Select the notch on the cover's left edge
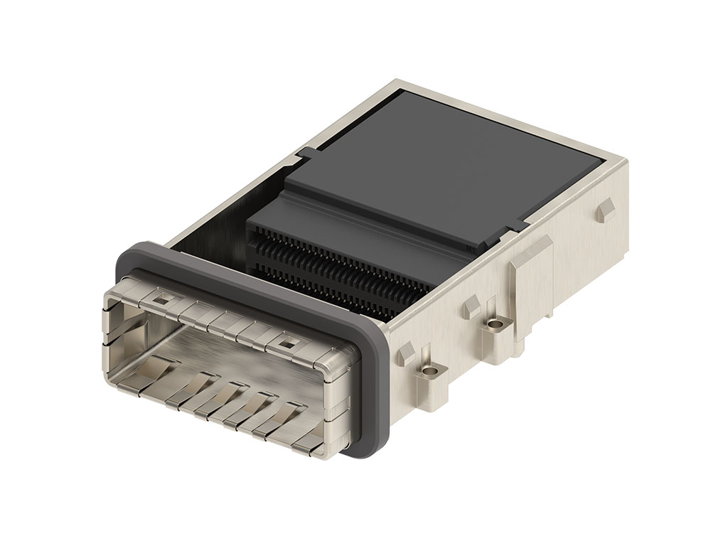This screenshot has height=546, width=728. (307, 152)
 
